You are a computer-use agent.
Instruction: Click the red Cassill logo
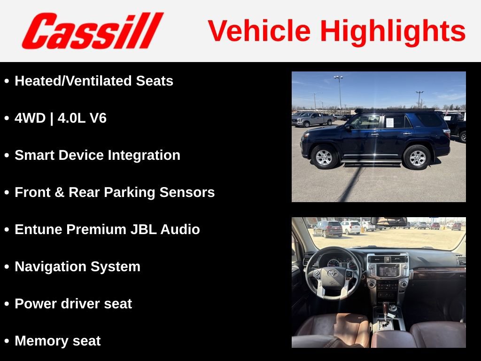point(93,31)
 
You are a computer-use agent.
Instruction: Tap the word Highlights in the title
point(393,31)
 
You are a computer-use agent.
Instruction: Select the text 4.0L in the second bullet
point(73,118)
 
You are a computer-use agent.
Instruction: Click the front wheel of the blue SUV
point(324,157)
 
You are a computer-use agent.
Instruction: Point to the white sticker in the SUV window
point(389,123)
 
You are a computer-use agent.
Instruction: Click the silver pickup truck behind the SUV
point(312,119)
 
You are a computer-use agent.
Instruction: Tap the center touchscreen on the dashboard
point(388,271)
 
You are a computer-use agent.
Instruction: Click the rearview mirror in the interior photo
point(388,221)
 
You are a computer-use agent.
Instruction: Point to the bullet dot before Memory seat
point(7,341)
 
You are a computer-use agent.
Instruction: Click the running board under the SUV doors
point(371,163)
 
